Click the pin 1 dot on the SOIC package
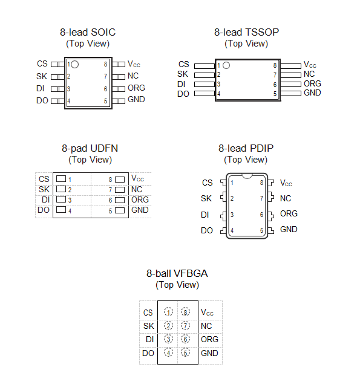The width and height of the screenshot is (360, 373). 75,65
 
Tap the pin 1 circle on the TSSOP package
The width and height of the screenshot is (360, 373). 226,65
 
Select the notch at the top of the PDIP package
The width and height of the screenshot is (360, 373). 247,176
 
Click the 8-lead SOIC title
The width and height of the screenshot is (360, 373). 88,32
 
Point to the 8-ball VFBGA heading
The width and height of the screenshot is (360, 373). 177,273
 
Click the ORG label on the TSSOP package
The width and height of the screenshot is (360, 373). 312,83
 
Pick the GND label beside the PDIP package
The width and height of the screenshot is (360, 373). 289,229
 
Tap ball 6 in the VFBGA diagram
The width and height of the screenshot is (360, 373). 186,339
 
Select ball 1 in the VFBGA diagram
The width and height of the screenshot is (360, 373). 169,312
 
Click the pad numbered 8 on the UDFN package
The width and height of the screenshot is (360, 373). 120,180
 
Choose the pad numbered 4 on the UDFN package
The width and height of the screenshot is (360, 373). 61,209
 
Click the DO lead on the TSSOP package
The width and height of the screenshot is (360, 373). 205,94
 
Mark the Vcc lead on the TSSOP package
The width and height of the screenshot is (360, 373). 290,66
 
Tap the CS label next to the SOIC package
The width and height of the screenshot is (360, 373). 42,63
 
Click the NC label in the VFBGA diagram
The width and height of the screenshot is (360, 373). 206,326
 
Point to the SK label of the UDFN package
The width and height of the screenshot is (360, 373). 44,189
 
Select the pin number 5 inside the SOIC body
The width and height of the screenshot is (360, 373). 105,101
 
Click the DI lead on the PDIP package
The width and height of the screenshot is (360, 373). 223,215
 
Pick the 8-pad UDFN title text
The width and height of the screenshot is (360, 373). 90,149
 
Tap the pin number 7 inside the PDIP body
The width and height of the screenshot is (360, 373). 261,198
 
